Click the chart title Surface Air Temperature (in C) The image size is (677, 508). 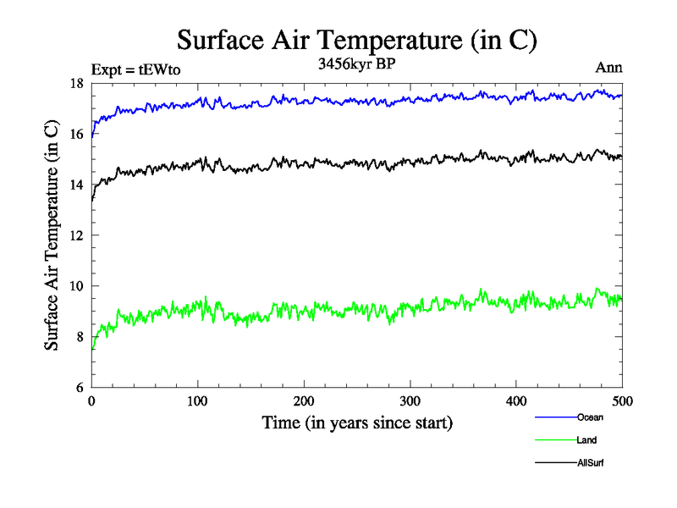pyautogui.click(x=356, y=40)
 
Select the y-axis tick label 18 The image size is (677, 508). pyautogui.click(x=76, y=83)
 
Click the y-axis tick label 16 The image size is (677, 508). pyautogui.click(x=76, y=134)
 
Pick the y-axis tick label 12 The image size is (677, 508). pyautogui.click(x=76, y=235)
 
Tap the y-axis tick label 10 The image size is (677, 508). pyautogui.click(x=76, y=286)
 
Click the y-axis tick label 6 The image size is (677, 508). pyautogui.click(x=80, y=388)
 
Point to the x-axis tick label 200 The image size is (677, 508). pyautogui.click(x=304, y=400)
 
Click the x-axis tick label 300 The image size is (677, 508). pyautogui.click(x=410, y=400)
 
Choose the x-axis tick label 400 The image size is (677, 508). pyautogui.click(x=516, y=400)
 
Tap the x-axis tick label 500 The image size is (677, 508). pyautogui.click(x=622, y=400)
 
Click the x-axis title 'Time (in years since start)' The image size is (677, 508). pyautogui.click(x=356, y=422)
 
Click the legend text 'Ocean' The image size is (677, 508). pyautogui.click(x=590, y=417)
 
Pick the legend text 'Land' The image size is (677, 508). pyautogui.click(x=587, y=440)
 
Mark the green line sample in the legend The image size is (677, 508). pyautogui.click(x=555, y=440)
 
